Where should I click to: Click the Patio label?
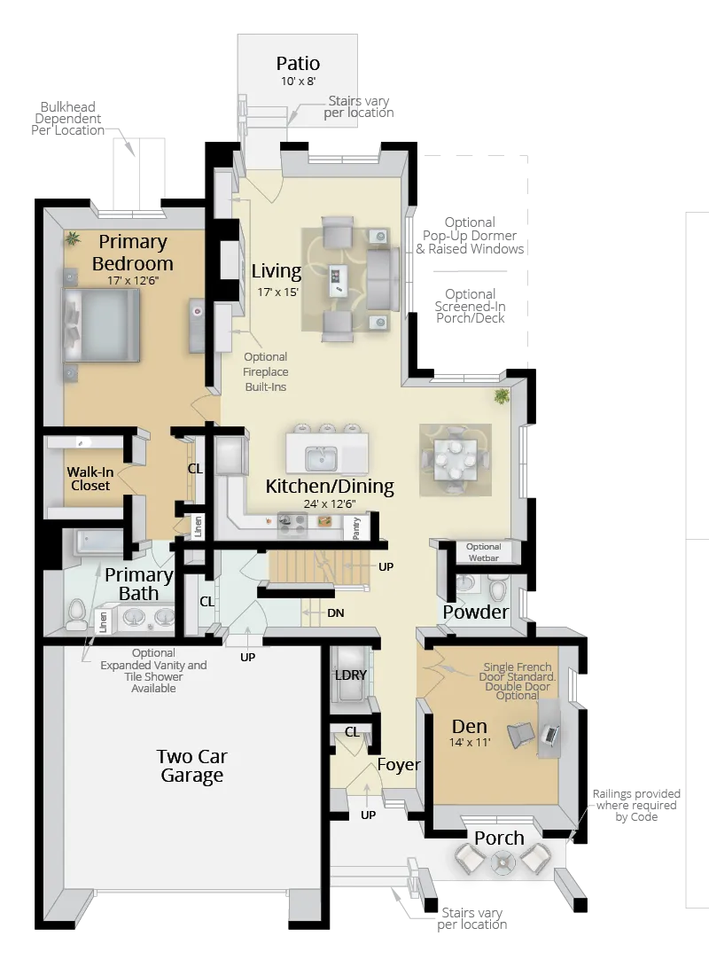(x=298, y=64)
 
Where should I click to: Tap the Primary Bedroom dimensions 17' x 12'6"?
(x=133, y=280)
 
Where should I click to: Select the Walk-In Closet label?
(x=89, y=479)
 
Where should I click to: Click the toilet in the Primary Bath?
(x=77, y=611)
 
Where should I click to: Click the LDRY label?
(x=352, y=675)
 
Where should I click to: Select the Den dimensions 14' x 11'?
(x=470, y=743)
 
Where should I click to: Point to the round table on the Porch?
(x=503, y=859)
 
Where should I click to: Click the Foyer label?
(x=398, y=764)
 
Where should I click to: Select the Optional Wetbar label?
(x=484, y=552)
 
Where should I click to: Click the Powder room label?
(x=476, y=612)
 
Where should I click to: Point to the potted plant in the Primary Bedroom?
(x=70, y=238)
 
